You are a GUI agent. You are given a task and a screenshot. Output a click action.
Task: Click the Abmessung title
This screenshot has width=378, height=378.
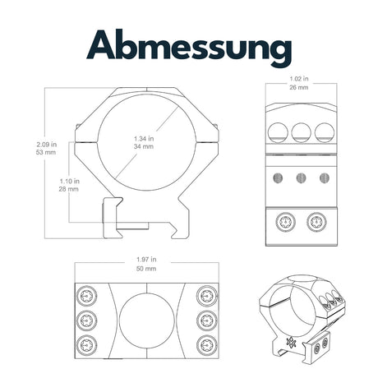[189, 48]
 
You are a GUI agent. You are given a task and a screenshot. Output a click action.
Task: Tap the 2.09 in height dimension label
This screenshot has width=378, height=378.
[47, 144]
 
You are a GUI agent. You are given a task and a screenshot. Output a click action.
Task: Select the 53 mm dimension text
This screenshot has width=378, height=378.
[46, 152]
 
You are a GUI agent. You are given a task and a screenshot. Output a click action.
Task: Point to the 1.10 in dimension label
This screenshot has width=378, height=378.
[70, 181]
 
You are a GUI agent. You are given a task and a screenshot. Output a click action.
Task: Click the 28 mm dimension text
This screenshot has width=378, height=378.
[69, 189]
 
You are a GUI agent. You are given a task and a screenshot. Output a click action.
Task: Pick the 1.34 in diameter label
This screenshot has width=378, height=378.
[144, 138]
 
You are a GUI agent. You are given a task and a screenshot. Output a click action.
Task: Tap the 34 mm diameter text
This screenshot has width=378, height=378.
[144, 146]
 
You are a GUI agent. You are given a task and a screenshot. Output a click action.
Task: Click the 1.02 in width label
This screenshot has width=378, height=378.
[299, 79]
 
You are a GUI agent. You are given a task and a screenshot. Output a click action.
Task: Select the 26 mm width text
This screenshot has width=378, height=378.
[299, 87]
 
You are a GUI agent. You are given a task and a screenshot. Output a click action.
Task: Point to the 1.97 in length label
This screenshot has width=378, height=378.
[146, 259]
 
